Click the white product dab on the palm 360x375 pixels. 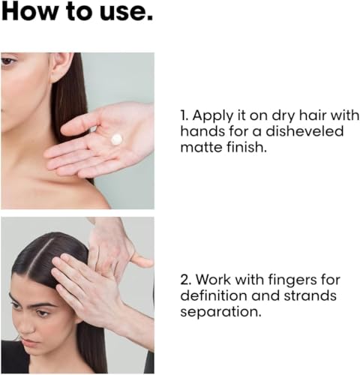click(116, 139)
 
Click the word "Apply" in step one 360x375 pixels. click(217, 116)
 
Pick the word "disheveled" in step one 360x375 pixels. click(307, 133)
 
